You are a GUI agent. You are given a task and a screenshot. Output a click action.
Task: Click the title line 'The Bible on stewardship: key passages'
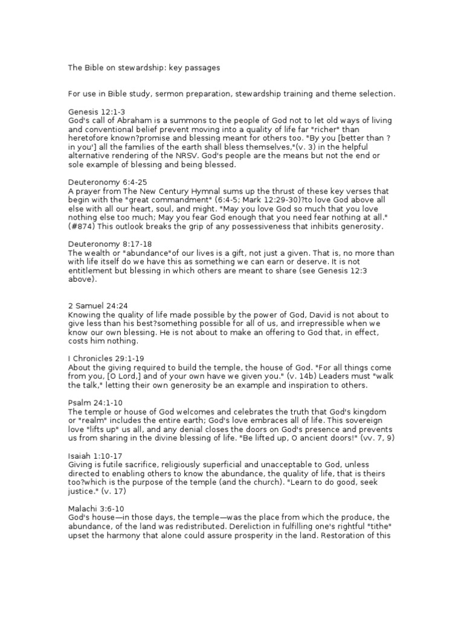[144, 68]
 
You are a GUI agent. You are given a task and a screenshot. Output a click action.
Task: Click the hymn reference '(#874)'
[81, 226]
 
